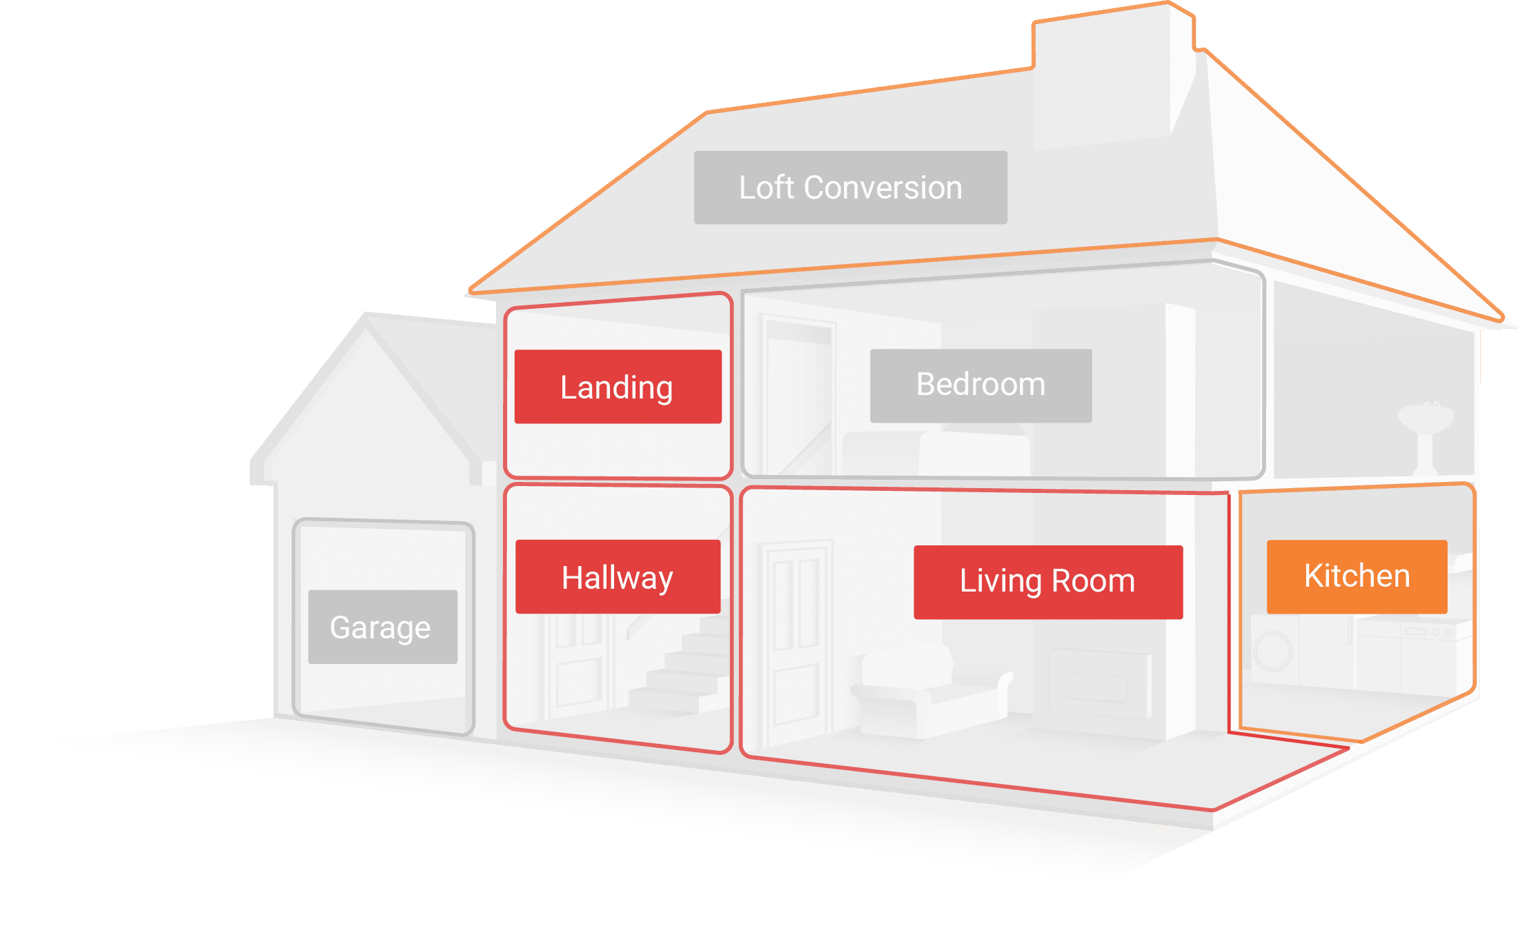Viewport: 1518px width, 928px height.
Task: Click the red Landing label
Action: coord(618,387)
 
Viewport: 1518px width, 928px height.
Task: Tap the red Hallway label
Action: coord(618,577)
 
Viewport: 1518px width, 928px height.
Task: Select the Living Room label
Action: coord(1047,582)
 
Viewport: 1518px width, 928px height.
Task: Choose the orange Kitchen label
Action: coord(1357,576)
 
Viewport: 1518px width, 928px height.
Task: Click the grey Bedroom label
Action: coord(980,385)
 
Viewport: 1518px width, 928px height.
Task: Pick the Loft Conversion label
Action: coord(850,188)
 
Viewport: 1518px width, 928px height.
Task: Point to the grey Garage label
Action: coord(382,627)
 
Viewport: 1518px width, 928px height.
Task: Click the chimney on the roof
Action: coord(1111,76)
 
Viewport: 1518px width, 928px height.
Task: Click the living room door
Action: coord(797,641)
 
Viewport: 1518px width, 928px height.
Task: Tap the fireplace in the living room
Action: coord(1097,683)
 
